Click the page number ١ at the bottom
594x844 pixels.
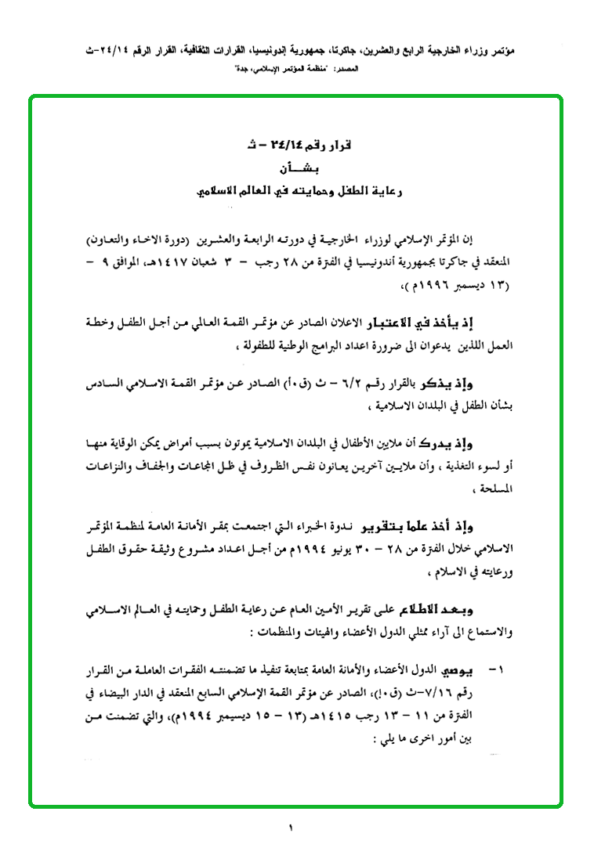click(289, 827)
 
